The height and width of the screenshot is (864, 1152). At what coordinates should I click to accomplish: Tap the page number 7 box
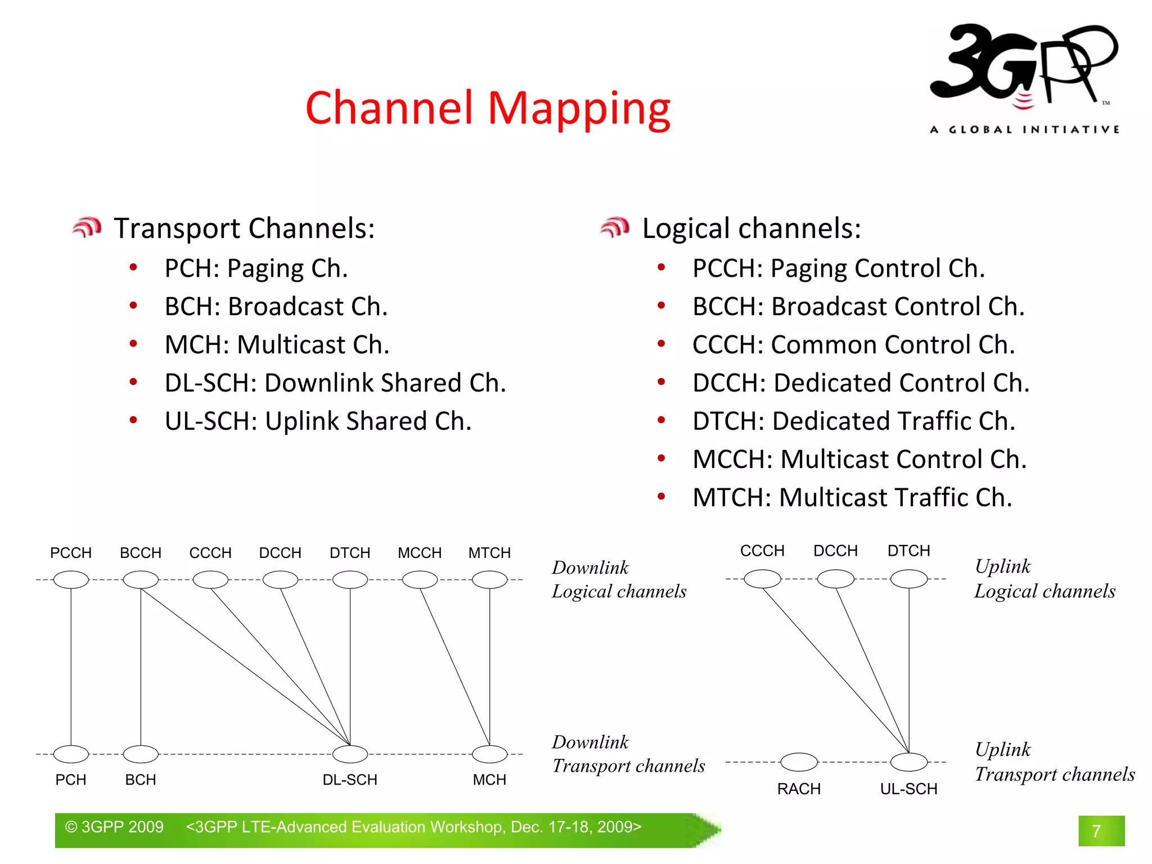(x=1101, y=831)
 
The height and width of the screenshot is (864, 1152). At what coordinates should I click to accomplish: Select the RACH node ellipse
(x=799, y=762)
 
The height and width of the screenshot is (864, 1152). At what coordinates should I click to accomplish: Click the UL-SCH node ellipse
(x=909, y=762)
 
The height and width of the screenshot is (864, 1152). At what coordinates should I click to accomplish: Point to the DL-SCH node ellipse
(x=350, y=754)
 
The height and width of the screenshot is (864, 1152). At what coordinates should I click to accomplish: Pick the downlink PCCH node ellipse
(x=71, y=579)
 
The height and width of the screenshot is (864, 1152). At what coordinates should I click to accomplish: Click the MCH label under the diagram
(x=489, y=780)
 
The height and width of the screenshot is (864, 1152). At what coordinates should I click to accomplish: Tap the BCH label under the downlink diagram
(x=141, y=780)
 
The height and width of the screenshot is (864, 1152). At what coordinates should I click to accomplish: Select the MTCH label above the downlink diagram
(x=489, y=553)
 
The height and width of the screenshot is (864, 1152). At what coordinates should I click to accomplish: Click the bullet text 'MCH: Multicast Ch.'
(x=277, y=345)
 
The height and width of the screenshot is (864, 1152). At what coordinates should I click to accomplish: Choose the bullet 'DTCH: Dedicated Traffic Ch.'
(x=853, y=421)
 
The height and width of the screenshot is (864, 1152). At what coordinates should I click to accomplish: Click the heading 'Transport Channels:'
(x=244, y=228)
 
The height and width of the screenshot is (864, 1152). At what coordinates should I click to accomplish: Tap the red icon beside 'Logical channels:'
(x=614, y=227)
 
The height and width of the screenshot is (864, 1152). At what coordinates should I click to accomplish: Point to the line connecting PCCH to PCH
(x=71, y=667)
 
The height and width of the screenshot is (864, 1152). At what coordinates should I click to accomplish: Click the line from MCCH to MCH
(x=454, y=667)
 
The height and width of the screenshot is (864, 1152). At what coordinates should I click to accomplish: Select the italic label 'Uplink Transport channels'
(x=1054, y=762)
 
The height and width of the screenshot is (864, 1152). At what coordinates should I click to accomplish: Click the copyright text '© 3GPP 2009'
(x=114, y=827)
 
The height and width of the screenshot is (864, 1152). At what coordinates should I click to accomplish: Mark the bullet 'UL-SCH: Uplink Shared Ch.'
(x=318, y=421)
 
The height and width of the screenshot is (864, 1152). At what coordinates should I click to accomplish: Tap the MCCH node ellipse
(x=420, y=579)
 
